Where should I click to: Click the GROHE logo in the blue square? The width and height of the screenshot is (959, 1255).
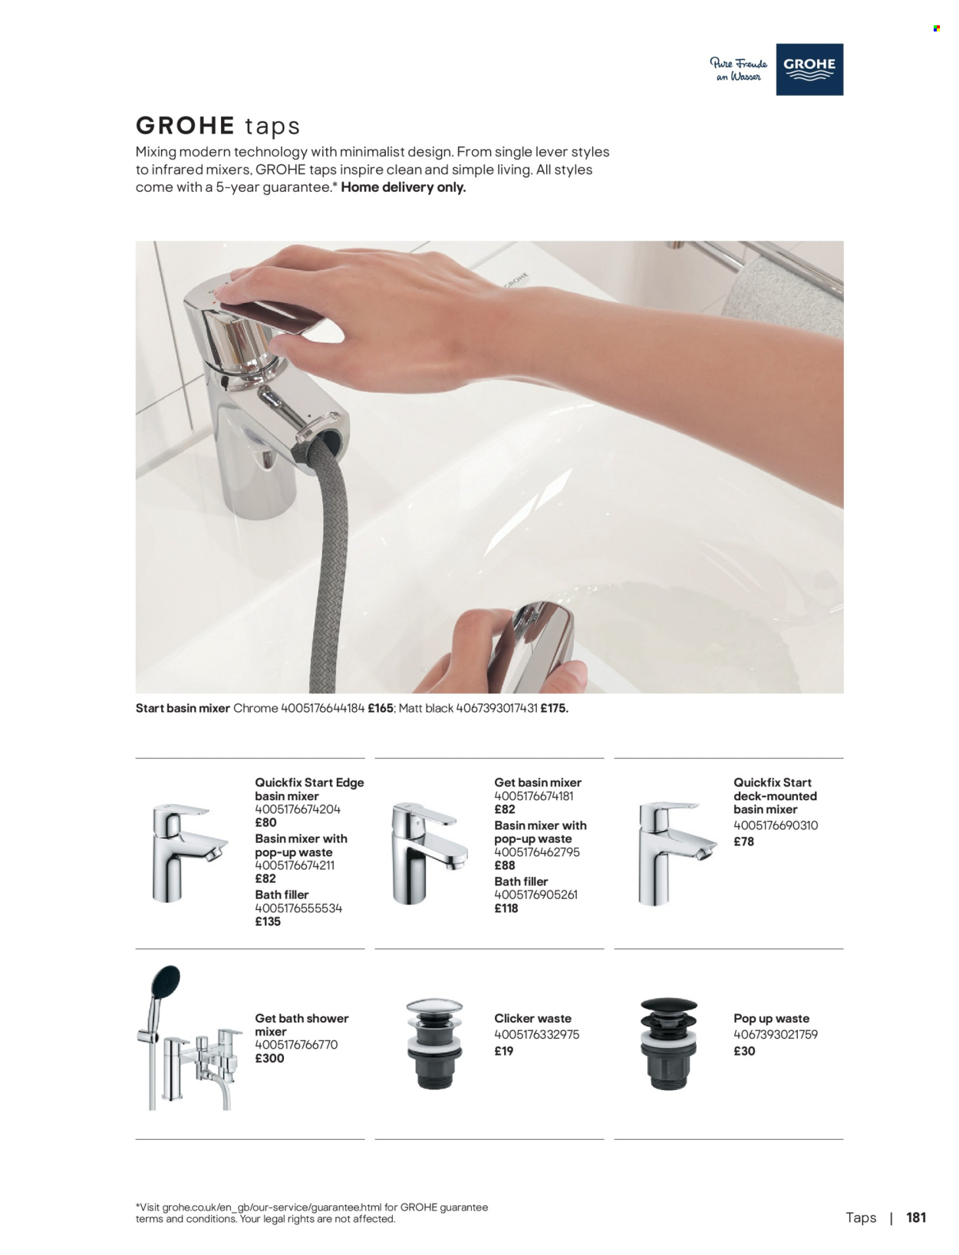click(809, 69)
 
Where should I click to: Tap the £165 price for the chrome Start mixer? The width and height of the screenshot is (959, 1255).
click(381, 709)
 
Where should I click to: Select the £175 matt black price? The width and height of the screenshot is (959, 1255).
click(554, 709)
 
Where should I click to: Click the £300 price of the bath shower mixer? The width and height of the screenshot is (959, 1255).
click(269, 1059)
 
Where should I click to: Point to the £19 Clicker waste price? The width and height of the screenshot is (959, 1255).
click(504, 1052)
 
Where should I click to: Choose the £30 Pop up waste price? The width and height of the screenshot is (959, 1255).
click(744, 1052)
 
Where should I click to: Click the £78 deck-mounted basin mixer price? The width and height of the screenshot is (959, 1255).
click(743, 842)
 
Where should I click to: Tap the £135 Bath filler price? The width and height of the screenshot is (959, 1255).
click(268, 922)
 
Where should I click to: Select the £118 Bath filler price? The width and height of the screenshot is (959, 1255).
click(506, 908)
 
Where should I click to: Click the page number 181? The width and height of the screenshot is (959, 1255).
click(916, 1217)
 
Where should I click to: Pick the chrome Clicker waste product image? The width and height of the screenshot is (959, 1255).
click(434, 1043)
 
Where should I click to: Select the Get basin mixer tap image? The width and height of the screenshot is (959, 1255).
click(427, 851)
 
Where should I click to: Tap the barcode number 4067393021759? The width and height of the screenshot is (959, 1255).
click(776, 1035)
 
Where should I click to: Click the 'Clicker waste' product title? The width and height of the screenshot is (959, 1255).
click(532, 1019)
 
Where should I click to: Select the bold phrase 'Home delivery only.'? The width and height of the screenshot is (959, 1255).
click(404, 187)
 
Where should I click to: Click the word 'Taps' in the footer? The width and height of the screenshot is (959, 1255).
click(861, 1218)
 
